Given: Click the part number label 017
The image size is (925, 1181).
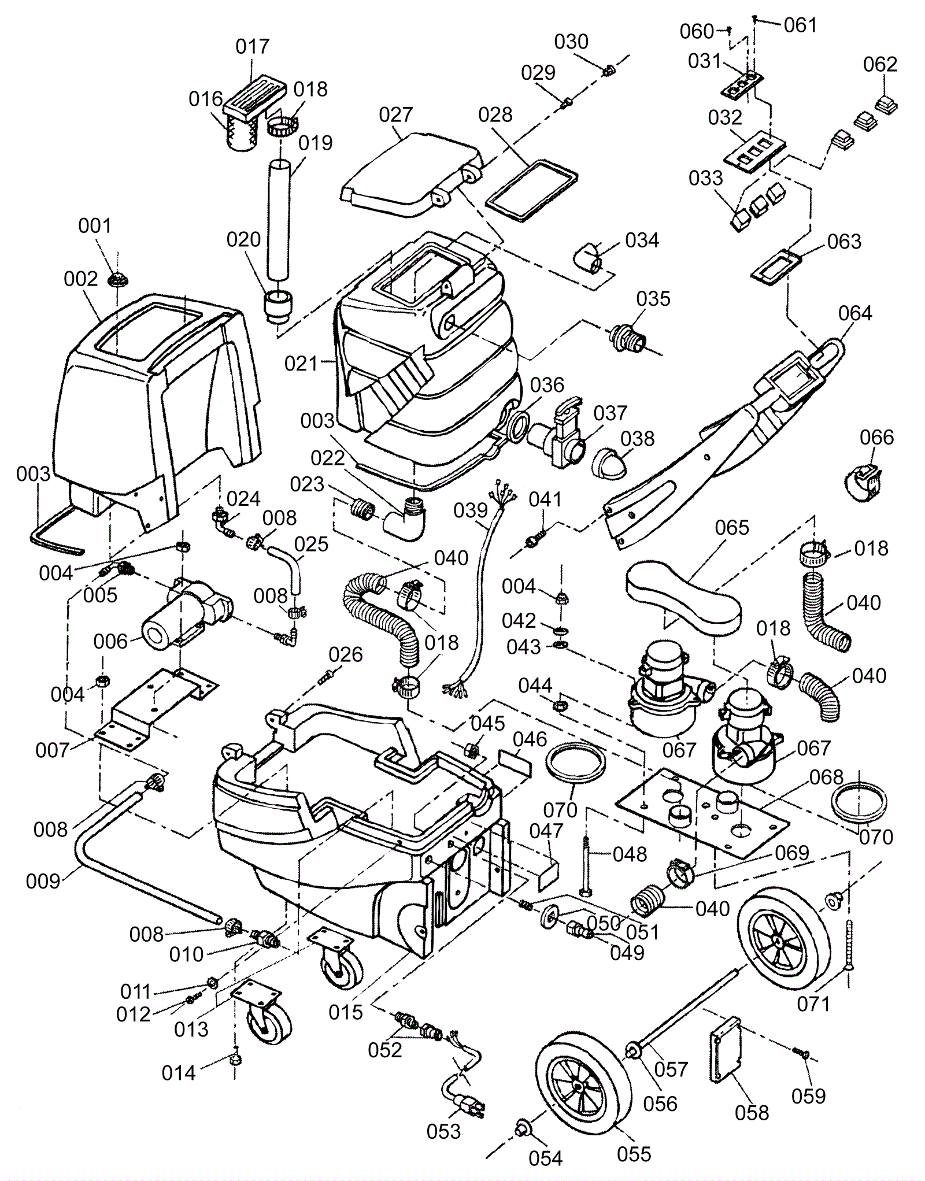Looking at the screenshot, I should [x=253, y=47].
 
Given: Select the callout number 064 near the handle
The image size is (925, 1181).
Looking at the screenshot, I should [x=854, y=313].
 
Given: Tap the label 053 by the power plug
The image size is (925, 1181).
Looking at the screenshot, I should [x=443, y=1131].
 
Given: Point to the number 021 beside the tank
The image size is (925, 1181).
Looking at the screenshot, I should [x=302, y=364].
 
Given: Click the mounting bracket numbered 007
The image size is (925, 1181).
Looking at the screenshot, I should [x=156, y=710].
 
